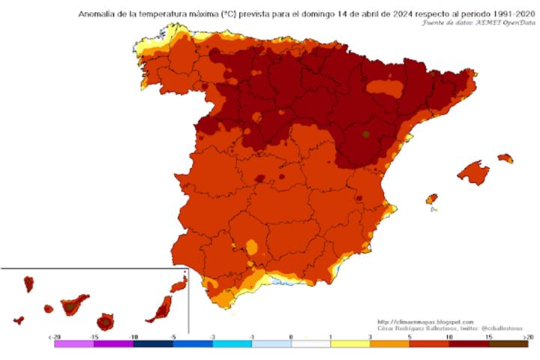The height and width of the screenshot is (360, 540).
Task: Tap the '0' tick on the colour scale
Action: point(291,337)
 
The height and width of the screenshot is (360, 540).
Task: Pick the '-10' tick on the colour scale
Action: point(133,337)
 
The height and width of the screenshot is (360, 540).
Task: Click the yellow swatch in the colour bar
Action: point(349,345)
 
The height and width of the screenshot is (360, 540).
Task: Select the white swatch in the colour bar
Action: point(310,345)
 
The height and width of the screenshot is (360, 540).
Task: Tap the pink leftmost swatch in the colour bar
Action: point(73,345)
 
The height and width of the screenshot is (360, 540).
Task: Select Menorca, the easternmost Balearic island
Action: point(505,158)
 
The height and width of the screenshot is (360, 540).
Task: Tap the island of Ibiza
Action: point(431,199)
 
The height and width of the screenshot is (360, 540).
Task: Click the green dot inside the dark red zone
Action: point(366,134)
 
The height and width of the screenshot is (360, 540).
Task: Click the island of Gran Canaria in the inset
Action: point(106,322)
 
